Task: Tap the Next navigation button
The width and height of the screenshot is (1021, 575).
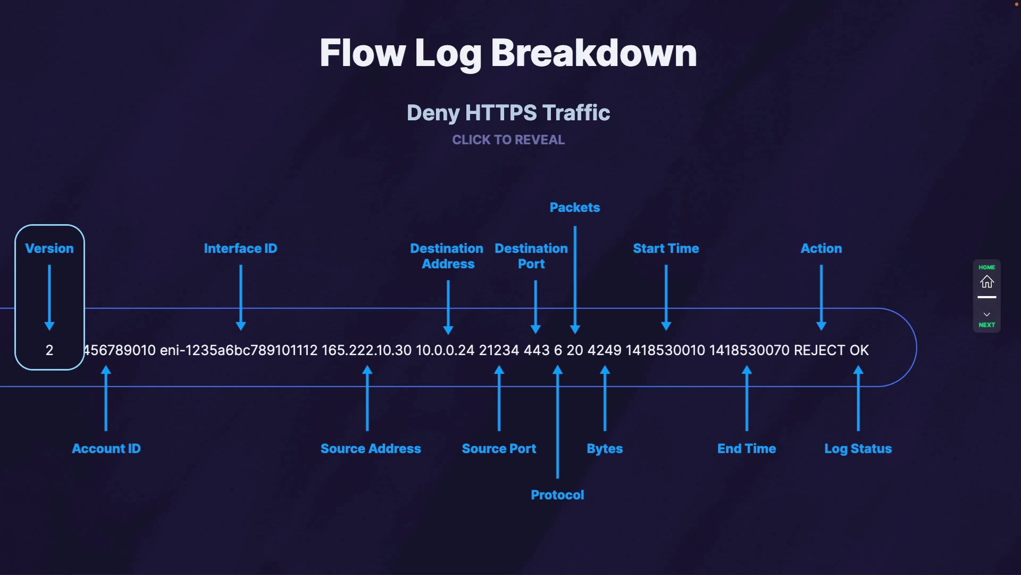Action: (986, 319)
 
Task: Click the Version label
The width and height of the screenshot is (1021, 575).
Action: (49, 249)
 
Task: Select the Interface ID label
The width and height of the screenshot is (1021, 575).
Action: (240, 249)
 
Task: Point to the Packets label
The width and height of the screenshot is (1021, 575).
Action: (574, 208)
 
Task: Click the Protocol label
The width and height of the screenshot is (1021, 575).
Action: (557, 495)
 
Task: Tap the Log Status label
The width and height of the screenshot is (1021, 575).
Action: (858, 449)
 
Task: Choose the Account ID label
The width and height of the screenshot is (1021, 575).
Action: (106, 449)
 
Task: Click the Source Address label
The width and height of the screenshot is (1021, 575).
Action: (371, 449)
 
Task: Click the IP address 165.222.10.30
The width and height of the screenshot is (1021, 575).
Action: (366, 350)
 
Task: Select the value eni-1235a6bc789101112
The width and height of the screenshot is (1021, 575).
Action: (239, 350)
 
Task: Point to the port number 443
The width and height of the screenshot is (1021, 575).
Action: (537, 350)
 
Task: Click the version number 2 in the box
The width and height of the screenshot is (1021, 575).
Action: (49, 350)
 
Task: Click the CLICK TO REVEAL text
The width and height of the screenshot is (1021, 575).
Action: (508, 140)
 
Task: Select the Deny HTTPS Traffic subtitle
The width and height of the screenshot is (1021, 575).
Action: (508, 113)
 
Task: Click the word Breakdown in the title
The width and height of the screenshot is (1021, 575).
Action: (593, 53)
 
